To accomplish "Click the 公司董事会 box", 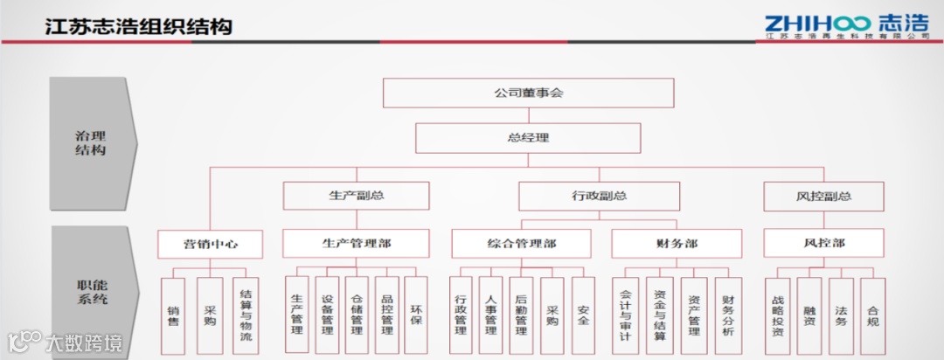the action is click(x=528, y=93).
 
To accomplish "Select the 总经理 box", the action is click(x=528, y=137).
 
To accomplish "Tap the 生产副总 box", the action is click(x=356, y=196).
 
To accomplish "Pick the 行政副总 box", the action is click(x=599, y=196).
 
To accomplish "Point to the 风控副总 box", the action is click(x=823, y=196).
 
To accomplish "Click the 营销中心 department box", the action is click(x=210, y=243).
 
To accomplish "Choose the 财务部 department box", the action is click(x=676, y=243).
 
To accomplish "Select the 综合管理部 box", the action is click(x=521, y=243).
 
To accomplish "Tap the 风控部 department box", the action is click(x=823, y=243).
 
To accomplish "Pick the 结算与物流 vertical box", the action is click(x=246, y=315).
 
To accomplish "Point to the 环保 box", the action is click(x=417, y=315).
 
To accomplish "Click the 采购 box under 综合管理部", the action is click(x=552, y=315).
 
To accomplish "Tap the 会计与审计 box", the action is click(x=626, y=315).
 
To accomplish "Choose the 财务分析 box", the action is click(x=728, y=315).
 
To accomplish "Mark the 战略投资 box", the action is click(x=778, y=315).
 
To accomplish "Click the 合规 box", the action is click(x=872, y=315).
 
